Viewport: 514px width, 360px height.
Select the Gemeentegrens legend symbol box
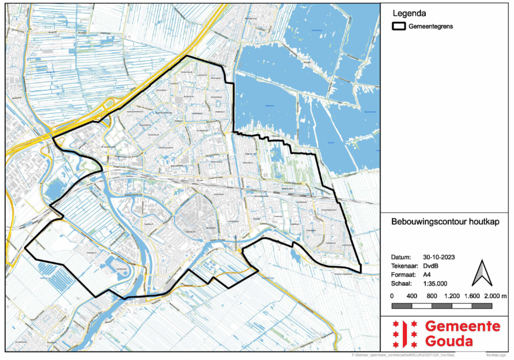pos(399,26)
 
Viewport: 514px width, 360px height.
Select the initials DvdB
pos(431,266)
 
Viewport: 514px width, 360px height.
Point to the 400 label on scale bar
pos(411,296)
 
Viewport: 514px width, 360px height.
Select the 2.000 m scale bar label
pos(496,296)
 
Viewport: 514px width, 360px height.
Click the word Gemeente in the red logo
pos(462,327)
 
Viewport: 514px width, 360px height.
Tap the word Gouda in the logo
pos(449,342)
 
